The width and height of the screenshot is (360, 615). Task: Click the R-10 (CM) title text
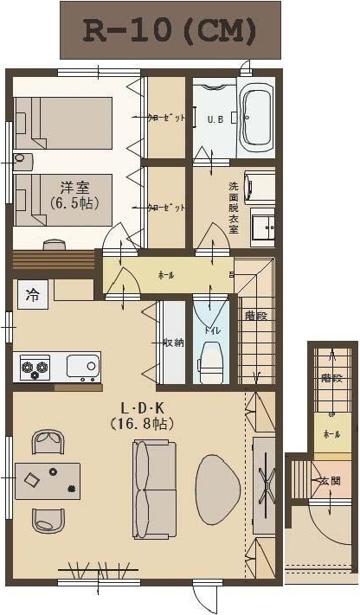(170, 32)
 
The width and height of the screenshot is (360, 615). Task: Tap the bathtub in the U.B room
(257, 117)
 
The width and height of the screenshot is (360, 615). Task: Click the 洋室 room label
(73, 187)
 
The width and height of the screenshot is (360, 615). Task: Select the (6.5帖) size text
(74, 203)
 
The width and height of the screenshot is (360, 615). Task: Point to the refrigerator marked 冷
(32, 294)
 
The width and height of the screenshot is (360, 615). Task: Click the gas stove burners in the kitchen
(35, 368)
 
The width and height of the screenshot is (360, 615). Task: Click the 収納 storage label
(172, 343)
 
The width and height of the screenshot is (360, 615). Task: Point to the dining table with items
(48, 479)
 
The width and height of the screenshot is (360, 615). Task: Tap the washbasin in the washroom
(262, 227)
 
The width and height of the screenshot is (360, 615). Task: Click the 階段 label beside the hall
(255, 316)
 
